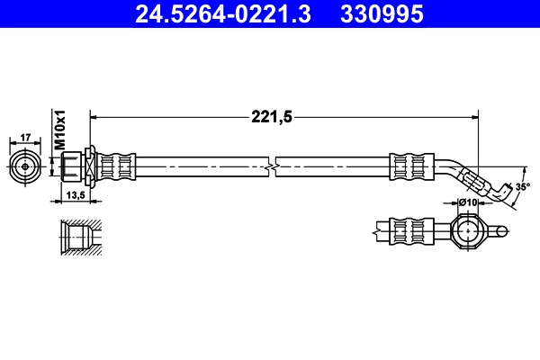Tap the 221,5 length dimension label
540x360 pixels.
pos(271,115)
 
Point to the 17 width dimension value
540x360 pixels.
pos(25,137)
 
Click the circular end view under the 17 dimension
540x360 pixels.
pos(25,166)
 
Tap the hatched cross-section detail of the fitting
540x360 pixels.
pos(80,237)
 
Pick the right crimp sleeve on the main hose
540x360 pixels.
pos(408,166)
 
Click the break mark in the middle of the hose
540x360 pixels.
pos(273,166)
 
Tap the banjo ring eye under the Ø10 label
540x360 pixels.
pos(467,232)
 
